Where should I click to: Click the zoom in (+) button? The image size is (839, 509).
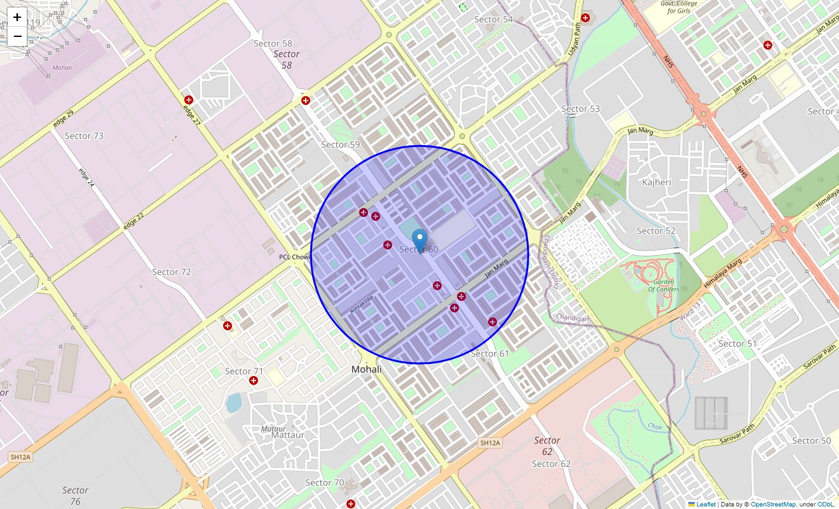(17, 17)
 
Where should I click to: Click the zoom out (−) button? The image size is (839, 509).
(17, 36)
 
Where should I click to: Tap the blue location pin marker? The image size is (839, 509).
(419, 241)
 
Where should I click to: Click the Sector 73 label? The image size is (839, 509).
(84, 136)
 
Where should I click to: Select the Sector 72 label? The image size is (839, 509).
(172, 272)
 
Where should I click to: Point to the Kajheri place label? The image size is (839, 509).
(657, 183)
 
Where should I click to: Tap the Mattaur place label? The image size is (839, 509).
(288, 435)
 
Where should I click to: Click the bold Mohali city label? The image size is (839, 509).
(367, 370)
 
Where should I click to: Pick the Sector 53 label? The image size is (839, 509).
(580, 109)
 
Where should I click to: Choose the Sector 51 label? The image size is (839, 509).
(737, 344)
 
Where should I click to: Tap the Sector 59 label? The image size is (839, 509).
(341, 144)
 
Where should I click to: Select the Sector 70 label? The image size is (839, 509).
(325, 482)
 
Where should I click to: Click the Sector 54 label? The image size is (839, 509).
(493, 20)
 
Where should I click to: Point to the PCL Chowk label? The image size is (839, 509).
(294, 257)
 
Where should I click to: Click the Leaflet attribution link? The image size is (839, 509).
(706, 504)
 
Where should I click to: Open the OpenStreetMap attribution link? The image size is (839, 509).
(773, 504)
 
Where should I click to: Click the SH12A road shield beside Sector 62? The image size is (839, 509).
(491, 443)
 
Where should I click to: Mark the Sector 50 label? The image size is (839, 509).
(811, 440)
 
